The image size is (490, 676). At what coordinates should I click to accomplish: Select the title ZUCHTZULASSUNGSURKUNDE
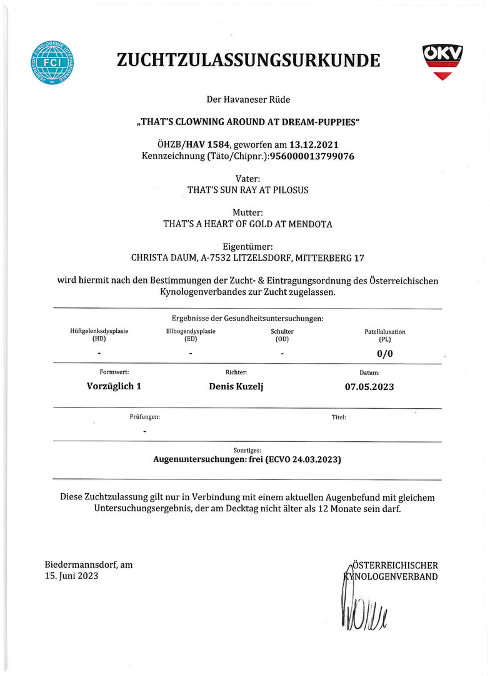[x=248, y=60]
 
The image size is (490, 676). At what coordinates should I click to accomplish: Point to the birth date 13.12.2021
[x=314, y=145]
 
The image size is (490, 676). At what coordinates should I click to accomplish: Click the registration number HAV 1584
[x=208, y=145]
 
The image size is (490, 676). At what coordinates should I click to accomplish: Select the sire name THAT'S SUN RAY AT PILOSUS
[x=248, y=190]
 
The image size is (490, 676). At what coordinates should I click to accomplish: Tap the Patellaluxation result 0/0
[x=385, y=354]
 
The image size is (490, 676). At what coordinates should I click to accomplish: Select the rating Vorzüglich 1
[x=114, y=386]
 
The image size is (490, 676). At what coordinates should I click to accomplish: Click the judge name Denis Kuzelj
[x=236, y=386]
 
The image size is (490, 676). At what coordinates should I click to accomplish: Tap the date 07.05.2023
[x=369, y=386]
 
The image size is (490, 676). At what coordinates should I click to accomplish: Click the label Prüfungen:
[x=144, y=416]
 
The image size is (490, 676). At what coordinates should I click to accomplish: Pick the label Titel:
[x=339, y=416]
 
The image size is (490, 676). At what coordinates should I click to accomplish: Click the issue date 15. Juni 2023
[x=71, y=576]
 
